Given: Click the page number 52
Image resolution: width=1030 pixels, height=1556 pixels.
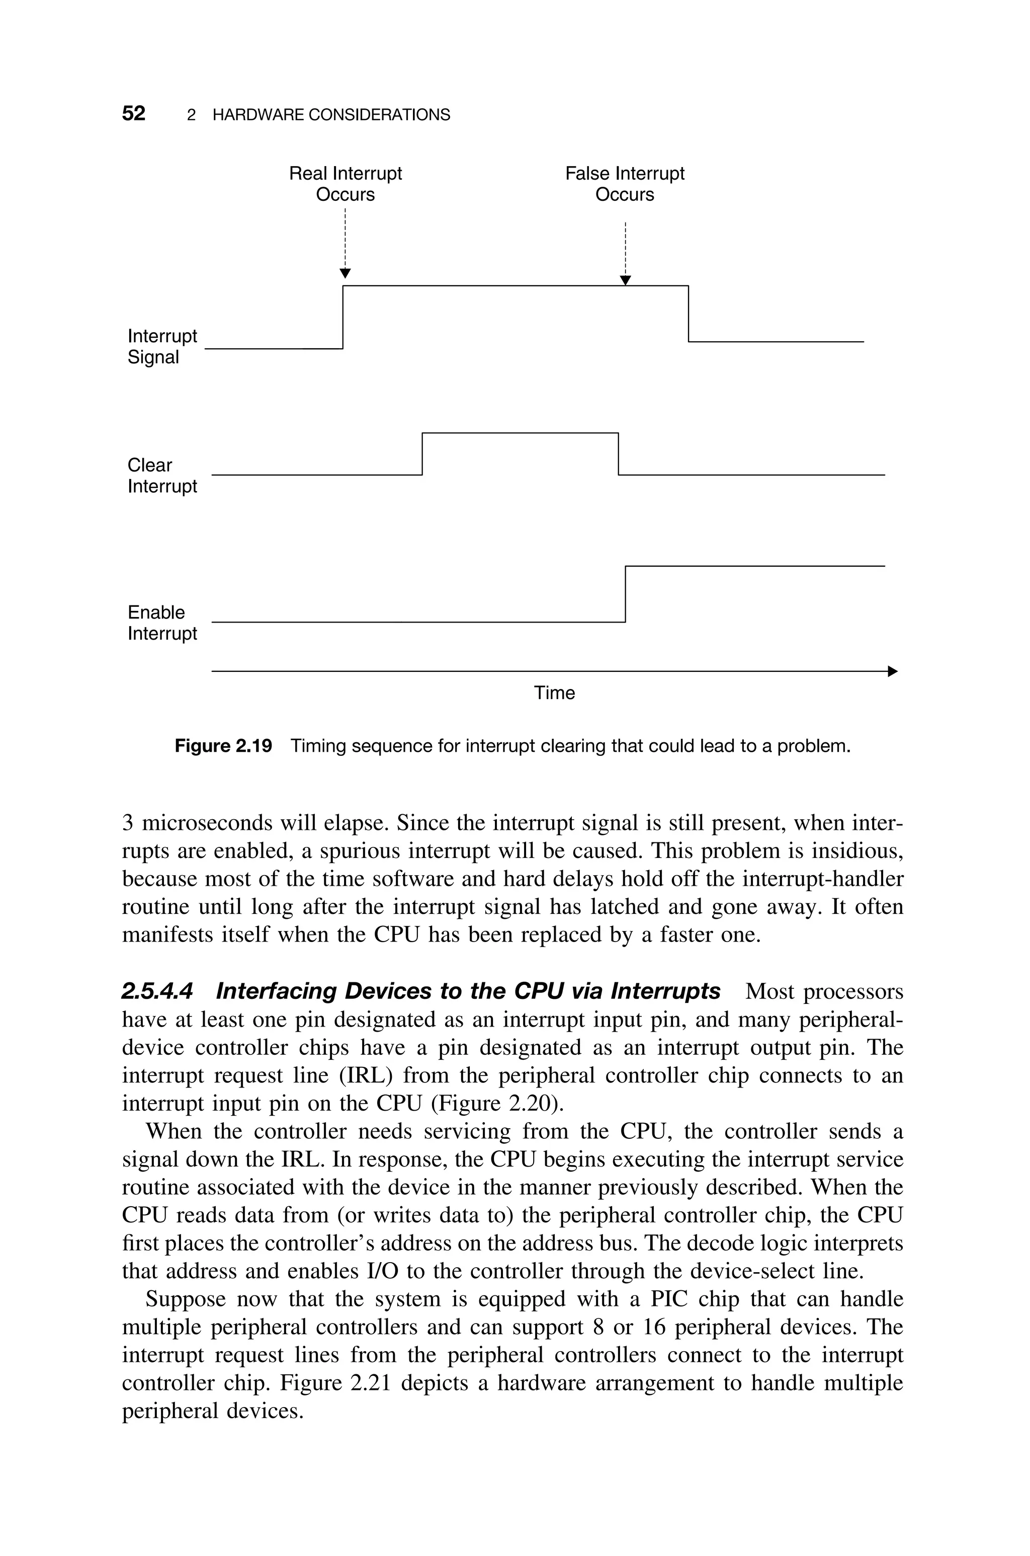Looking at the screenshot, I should tap(133, 114).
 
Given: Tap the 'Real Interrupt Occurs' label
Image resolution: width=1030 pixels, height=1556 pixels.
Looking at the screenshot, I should tap(345, 184).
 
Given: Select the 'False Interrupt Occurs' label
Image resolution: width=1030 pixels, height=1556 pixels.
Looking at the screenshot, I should tap(624, 184).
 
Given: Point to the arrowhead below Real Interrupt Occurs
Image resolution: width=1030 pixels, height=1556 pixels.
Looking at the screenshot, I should tap(345, 273).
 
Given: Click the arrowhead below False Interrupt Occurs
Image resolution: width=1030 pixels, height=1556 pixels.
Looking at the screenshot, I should tap(625, 281).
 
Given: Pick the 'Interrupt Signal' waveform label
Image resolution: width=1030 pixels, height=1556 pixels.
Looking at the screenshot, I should tap(161, 346).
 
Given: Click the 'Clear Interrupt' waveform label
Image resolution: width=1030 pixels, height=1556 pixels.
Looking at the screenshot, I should tap(161, 475).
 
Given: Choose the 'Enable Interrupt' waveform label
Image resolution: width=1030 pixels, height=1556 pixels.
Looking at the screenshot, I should tap(161, 623).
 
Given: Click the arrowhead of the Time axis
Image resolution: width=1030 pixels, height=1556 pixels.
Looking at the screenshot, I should tap(892, 671).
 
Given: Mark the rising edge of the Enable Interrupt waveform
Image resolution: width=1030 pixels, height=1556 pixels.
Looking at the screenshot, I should tap(625, 593).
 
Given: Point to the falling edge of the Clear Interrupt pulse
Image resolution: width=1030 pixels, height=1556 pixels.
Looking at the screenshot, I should tap(618, 453).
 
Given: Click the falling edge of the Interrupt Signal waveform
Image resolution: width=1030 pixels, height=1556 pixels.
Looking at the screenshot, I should tap(689, 314).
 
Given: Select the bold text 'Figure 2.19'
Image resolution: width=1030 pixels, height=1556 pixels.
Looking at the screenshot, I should tap(223, 746).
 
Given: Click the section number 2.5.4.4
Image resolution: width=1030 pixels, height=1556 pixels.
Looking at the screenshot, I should tap(157, 990).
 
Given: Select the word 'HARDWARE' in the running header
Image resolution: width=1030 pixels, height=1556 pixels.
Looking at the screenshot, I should tap(258, 115).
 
